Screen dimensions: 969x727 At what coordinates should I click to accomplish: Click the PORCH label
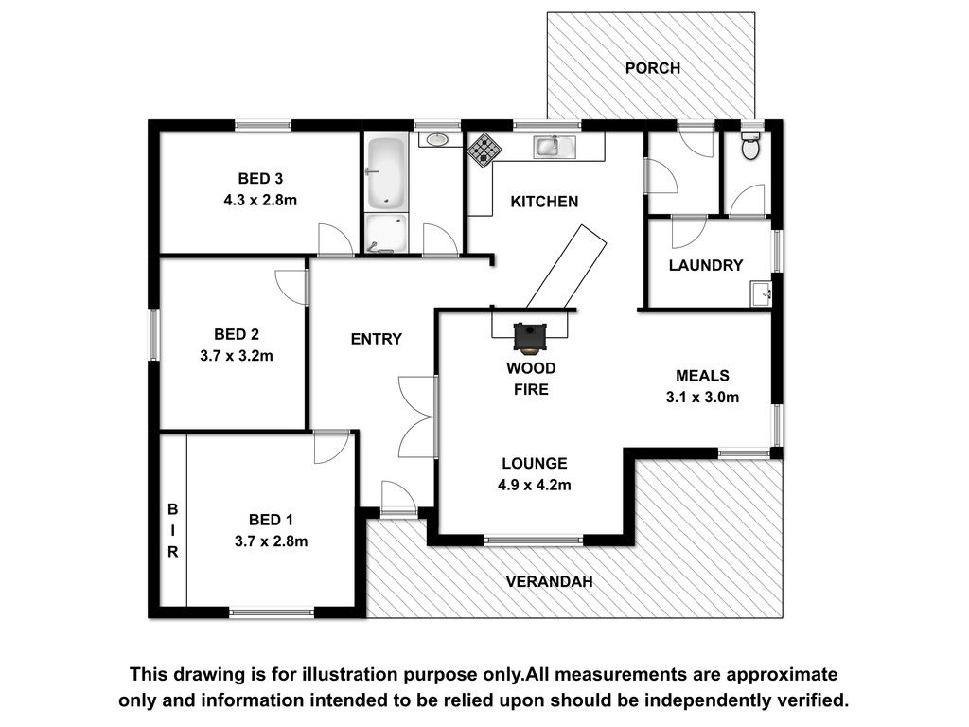click(x=653, y=68)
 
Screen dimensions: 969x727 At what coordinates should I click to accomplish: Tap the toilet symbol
click(x=750, y=145)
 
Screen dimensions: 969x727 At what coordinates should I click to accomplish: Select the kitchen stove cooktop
click(x=484, y=151)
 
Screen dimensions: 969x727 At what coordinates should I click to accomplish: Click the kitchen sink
click(x=555, y=147)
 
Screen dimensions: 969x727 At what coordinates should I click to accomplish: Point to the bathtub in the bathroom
click(x=386, y=173)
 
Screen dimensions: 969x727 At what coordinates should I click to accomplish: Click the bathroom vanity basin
click(x=437, y=139)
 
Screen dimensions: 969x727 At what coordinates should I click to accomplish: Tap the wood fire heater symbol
click(x=529, y=338)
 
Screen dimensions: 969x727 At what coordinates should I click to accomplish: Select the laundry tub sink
click(x=761, y=293)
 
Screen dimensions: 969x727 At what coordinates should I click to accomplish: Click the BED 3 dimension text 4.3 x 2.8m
click(x=260, y=201)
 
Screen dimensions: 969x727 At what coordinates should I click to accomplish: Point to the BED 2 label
click(x=237, y=334)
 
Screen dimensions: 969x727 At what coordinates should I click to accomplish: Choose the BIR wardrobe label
click(x=173, y=530)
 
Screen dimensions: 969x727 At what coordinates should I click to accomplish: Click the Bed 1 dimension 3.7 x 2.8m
click(x=271, y=541)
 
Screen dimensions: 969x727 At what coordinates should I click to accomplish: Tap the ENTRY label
click(x=377, y=339)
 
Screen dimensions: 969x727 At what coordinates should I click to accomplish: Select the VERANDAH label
click(x=550, y=582)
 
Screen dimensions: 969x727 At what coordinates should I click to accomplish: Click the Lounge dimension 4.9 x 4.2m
click(x=535, y=486)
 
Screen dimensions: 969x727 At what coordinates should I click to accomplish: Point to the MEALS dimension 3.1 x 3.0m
click(x=702, y=398)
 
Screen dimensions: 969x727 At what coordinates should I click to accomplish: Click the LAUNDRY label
click(x=706, y=265)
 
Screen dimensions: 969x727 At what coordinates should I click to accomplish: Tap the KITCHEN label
click(x=544, y=202)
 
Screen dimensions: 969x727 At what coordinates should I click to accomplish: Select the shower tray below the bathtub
click(x=386, y=233)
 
